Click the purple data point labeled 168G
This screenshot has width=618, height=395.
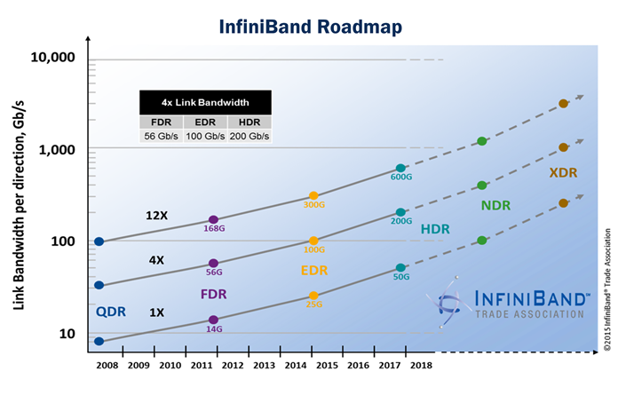click(213, 219)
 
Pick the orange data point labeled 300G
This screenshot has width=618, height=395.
click(313, 195)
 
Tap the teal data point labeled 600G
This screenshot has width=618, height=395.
click(400, 168)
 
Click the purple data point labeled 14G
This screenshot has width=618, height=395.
click(213, 320)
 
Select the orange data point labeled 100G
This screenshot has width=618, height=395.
click(313, 241)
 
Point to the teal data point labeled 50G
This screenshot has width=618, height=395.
click(400, 267)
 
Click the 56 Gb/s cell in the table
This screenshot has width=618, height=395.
click(161, 137)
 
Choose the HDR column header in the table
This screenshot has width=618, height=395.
click(249, 122)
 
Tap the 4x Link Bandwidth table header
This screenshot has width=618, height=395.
click(206, 102)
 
